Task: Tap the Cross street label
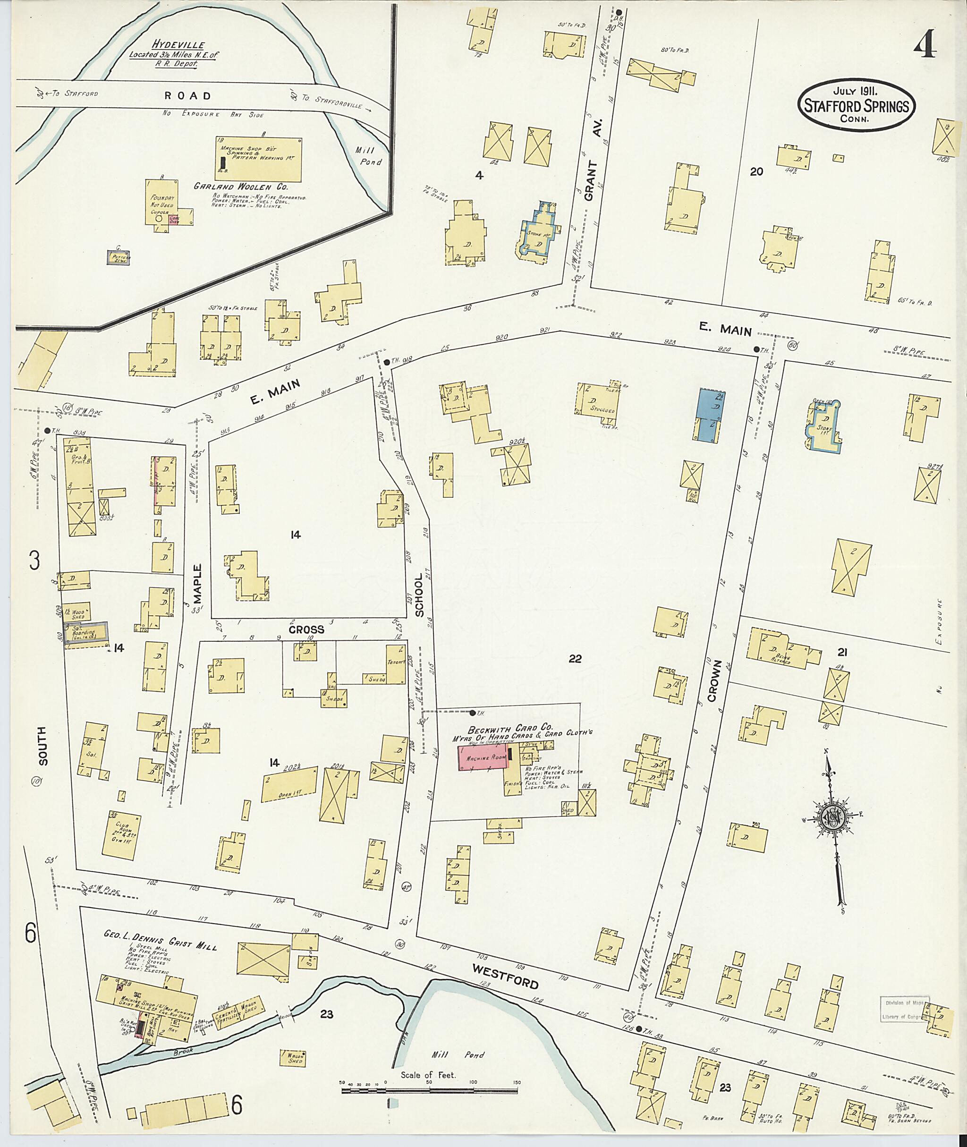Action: [307, 629]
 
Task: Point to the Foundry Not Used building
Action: [162, 201]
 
